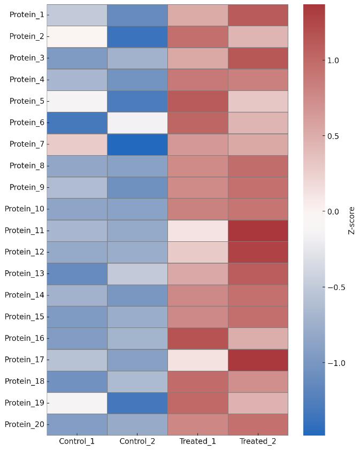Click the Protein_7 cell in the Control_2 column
(137, 144)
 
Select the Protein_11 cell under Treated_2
(258, 230)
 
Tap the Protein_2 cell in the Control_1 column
(77, 36)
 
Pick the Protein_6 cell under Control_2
(137, 123)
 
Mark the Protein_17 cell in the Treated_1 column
(197, 360)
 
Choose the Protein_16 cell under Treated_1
(197, 338)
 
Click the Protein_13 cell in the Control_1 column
(77, 273)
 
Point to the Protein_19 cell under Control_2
(137, 402)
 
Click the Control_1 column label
(77, 441)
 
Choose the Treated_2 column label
(258, 441)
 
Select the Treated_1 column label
(197, 441)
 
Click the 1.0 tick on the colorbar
(333, 60)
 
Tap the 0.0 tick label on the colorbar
(333, 212)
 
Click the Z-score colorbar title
(351, 220)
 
